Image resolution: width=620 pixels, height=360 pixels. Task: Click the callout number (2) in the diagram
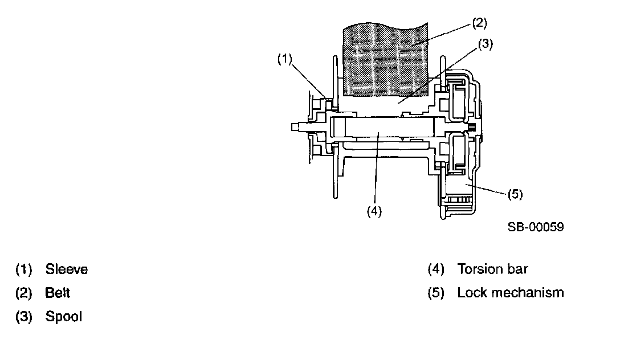coord(480,23)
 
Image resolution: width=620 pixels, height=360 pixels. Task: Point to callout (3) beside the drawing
coord(485,43)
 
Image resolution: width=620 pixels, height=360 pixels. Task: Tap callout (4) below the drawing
coord(374,210)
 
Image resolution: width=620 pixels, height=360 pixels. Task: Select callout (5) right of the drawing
coord(515,194)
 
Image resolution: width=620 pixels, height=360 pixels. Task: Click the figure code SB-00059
coord(536,227)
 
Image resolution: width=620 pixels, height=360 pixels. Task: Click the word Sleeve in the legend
coord(67,269)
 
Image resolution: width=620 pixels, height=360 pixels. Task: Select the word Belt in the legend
coord(58,293)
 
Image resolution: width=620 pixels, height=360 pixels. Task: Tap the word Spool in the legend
coord(64,317)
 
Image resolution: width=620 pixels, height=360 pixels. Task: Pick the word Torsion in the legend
coord(480,269)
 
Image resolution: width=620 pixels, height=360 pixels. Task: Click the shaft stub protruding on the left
coord(296,126)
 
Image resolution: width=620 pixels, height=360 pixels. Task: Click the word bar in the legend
coord(524,269)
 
